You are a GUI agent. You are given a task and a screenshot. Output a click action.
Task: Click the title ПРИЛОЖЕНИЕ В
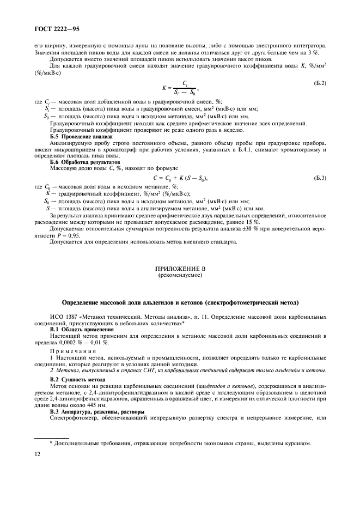click(180, 269)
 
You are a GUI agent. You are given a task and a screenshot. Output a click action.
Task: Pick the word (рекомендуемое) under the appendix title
click(180, 276)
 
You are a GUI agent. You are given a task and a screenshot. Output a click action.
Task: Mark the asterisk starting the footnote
click(51, 442)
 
